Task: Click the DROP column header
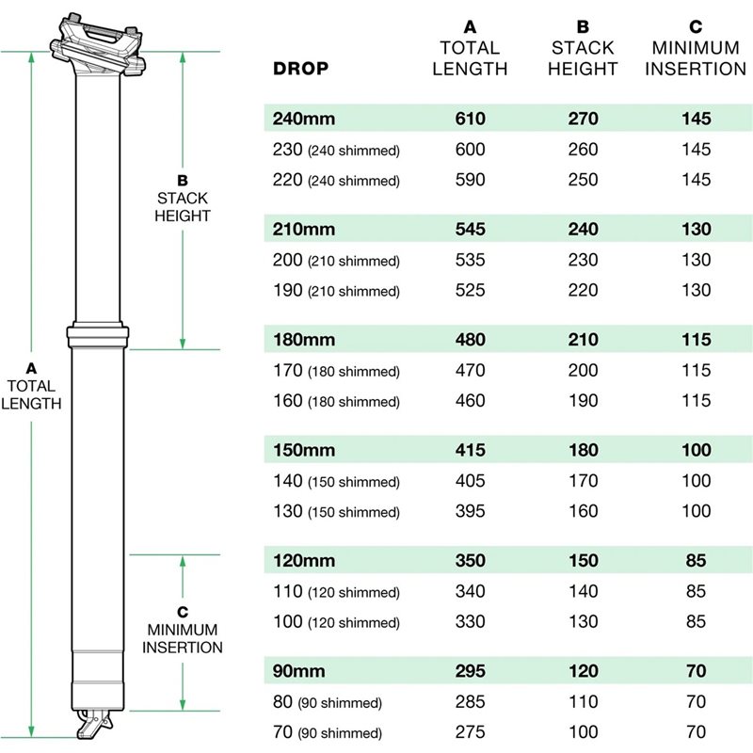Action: pos(300,68)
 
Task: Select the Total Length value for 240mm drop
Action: pos(470,119)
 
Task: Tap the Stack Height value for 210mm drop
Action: pos(583,229)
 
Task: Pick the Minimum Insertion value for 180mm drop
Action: pos(697,340)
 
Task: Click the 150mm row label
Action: pos(304,450)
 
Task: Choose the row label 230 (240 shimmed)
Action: pos(336,150)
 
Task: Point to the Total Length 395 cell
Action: pos(470,511)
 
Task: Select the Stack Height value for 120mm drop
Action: pos(583,560)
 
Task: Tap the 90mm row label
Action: pos(298,671)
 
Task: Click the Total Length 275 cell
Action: pos(470,732)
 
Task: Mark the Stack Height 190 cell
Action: pos(583,401)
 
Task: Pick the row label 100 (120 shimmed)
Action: pos(336,622)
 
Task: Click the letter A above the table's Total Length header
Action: pos(470,27)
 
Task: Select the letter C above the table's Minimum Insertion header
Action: pos(696,27)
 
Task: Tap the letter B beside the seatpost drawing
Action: pos(183,181)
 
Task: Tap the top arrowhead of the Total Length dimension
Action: pos(32,57)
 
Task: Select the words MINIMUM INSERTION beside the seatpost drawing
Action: pos(183,638)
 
